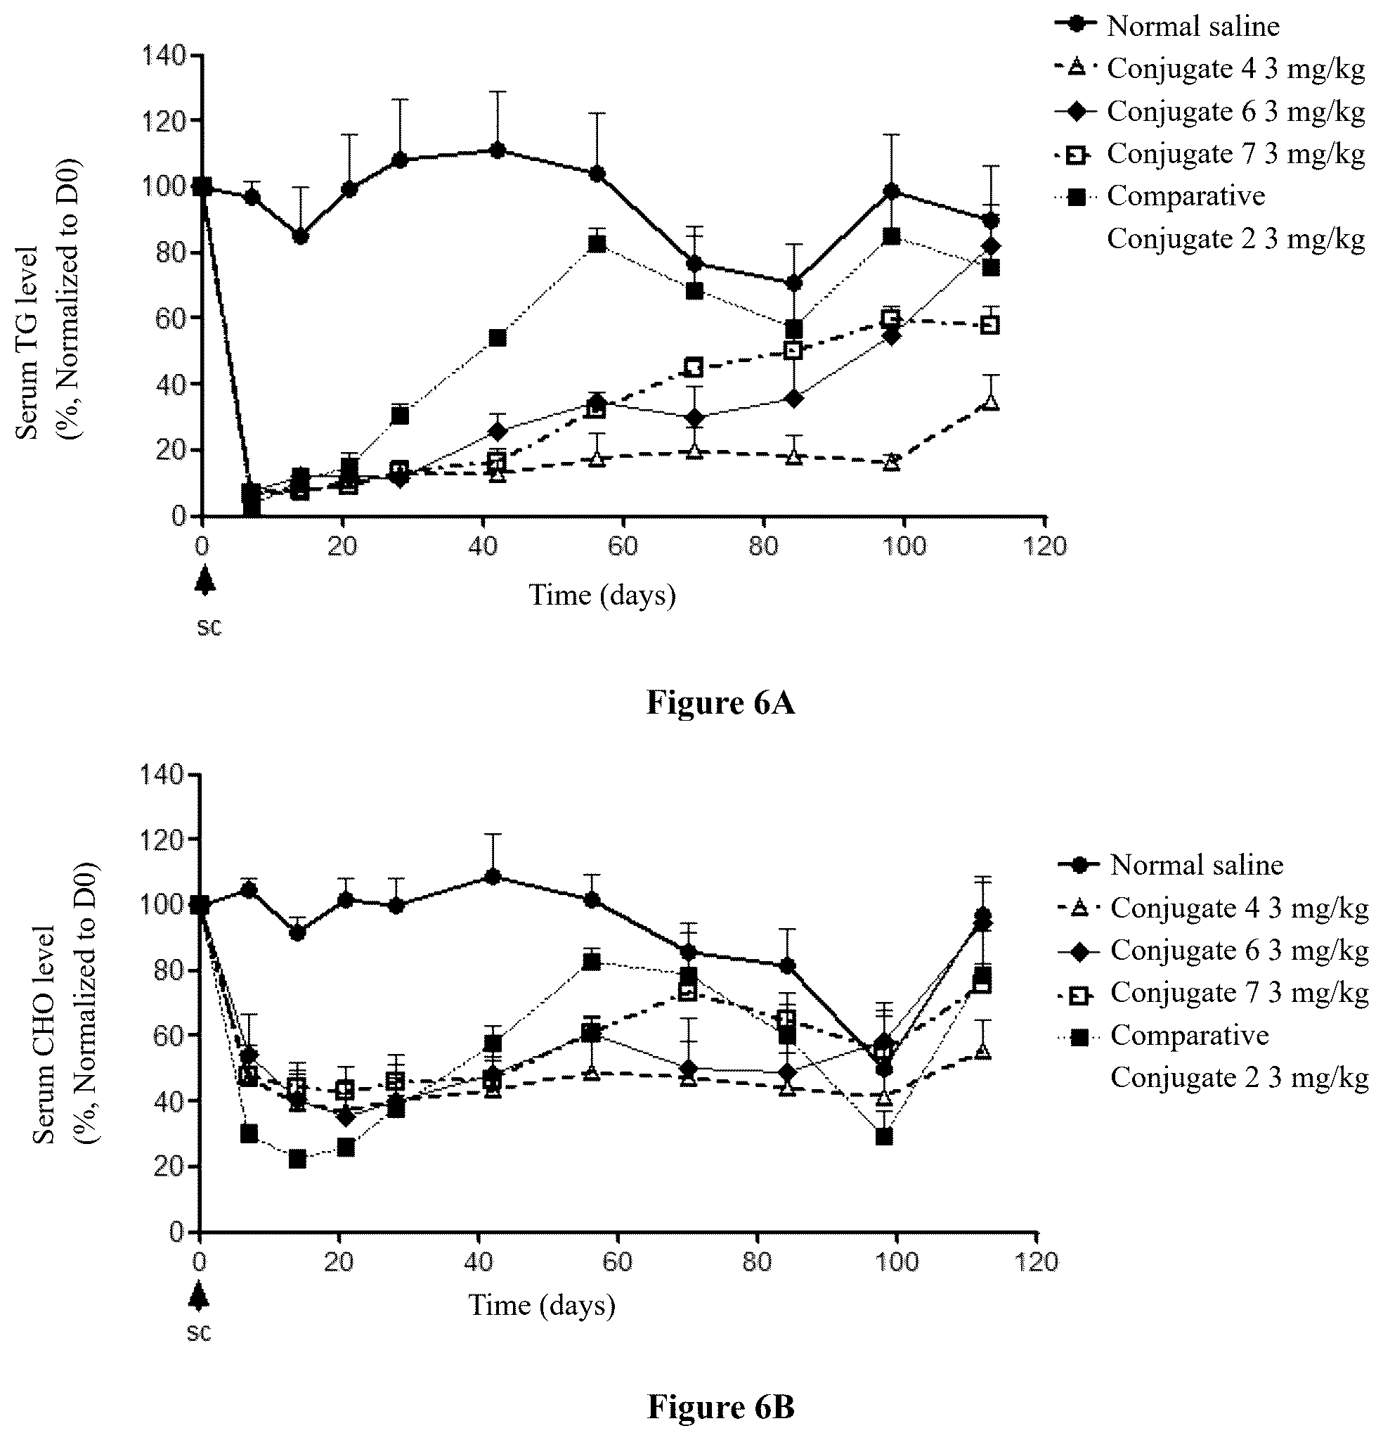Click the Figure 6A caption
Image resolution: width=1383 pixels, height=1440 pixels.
coord(720,703)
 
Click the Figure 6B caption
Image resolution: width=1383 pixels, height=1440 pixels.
coord(720,1406)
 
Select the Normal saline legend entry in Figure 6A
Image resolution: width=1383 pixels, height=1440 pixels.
coord(1167,26)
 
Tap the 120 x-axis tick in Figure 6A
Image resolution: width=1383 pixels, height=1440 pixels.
coord(1045,546)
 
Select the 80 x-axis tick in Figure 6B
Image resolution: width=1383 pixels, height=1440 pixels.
coord(758,1262)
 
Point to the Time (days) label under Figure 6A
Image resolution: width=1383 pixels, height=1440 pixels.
coord(602,595)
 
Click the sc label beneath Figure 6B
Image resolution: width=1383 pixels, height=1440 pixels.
coord(198,1332)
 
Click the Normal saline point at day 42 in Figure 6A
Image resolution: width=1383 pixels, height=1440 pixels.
coord(498,150)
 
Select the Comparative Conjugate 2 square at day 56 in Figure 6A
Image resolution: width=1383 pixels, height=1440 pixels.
coord(597,245)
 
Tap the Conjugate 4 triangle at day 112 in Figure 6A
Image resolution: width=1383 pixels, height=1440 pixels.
coord(990,403)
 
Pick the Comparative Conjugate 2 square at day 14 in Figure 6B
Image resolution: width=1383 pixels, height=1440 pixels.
coord(297,1159)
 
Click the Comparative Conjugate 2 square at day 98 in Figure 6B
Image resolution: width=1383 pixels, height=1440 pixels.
coord(884,1136)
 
